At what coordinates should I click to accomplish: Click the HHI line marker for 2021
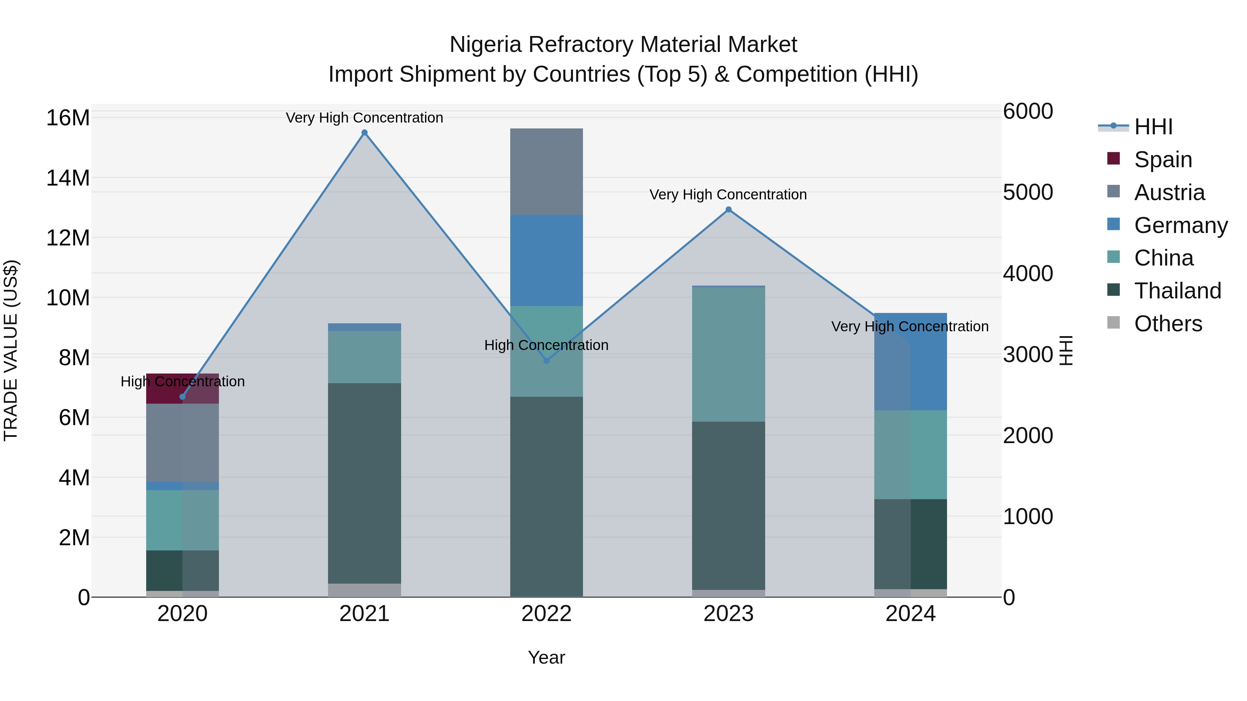(364, 133)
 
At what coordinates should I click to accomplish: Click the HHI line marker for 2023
(728, 209)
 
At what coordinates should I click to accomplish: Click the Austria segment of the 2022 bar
(547, 172)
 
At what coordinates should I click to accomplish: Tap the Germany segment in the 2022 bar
(547, 260)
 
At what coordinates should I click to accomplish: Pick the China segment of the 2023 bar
(728, 354)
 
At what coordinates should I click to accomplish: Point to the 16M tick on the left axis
(68, 118)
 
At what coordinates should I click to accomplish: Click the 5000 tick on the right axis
(1028, 192)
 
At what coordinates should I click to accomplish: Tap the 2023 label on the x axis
(728, 614)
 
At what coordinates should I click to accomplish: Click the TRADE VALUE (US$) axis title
(11, 350)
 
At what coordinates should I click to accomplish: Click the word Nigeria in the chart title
(486, 45)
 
